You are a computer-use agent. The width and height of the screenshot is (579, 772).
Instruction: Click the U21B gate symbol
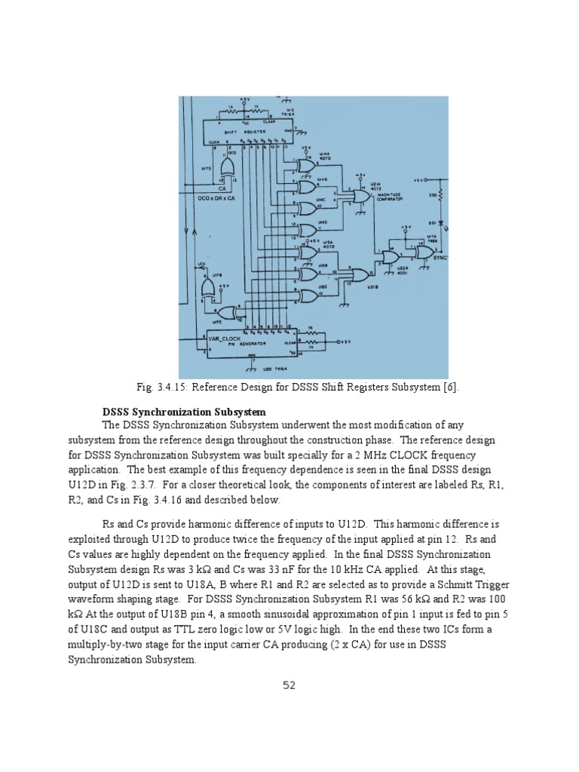pyautogui.click(x=361, y=274)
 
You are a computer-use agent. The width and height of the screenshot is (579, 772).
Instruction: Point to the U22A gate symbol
pyautogui.click(x=391, y=257)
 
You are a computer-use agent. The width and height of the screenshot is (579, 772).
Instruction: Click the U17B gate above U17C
pyautogui.click(x=205, y=288)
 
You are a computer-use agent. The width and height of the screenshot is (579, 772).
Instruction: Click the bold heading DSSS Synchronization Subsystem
pyautogui.click(x=184, y=412)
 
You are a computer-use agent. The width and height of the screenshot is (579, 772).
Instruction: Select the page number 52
pyautogui.click(x=289, y=685)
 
